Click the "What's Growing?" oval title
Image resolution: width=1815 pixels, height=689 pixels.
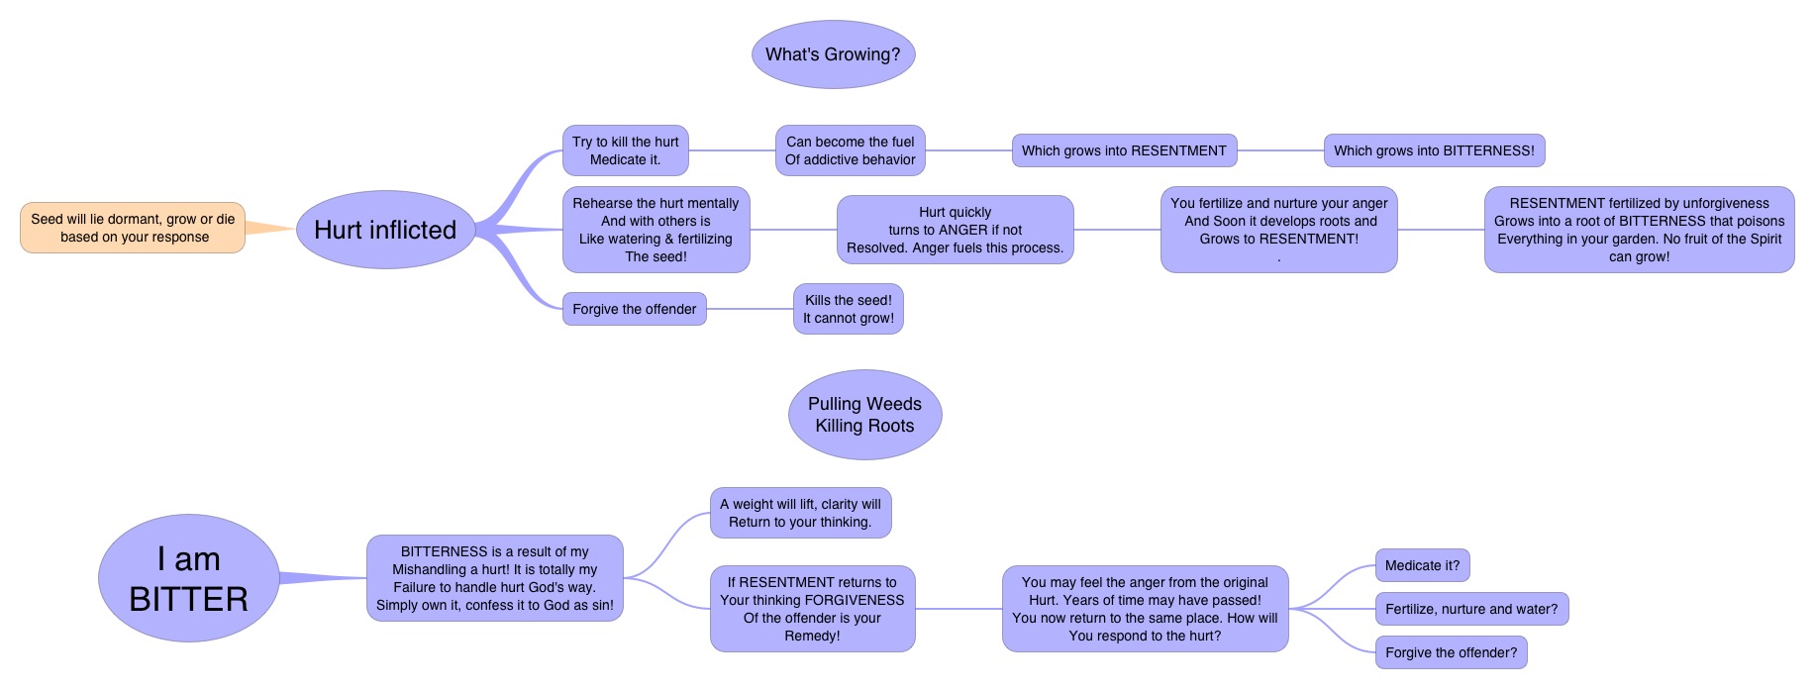click(833, 54)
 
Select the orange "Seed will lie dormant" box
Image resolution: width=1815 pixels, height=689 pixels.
click(133, 228)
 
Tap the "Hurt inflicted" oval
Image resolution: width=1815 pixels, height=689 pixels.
click(385, 230)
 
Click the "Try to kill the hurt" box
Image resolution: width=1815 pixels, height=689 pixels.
click(625, 150)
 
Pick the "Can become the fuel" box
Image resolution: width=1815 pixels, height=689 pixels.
click(850, 150)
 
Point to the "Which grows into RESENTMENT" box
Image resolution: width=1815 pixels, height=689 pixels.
click(1124, 150)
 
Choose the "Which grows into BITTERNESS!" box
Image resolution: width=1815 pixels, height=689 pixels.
click(1434, 150)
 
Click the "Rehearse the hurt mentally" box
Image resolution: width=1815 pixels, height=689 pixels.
click(655, 230)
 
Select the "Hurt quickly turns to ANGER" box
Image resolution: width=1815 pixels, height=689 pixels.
click(955, 230)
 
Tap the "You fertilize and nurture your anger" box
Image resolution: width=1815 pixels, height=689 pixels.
click(1278, 230)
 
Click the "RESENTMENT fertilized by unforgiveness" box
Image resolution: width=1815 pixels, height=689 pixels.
click(1639, 230)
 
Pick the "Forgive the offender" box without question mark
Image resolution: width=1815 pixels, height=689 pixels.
click(634, 309)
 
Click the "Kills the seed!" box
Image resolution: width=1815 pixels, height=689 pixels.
click(848, 309)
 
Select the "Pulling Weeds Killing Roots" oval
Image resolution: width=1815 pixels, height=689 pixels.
click(864, 415)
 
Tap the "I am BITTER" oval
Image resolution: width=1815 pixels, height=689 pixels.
click(188, 578)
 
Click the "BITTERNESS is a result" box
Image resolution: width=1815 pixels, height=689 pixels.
click(494, 578)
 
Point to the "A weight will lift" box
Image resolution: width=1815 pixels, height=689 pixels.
click(800, 513)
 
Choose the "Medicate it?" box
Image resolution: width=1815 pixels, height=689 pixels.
click(1422, 566)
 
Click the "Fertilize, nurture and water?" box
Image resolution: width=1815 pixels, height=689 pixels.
click(1470, 610)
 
